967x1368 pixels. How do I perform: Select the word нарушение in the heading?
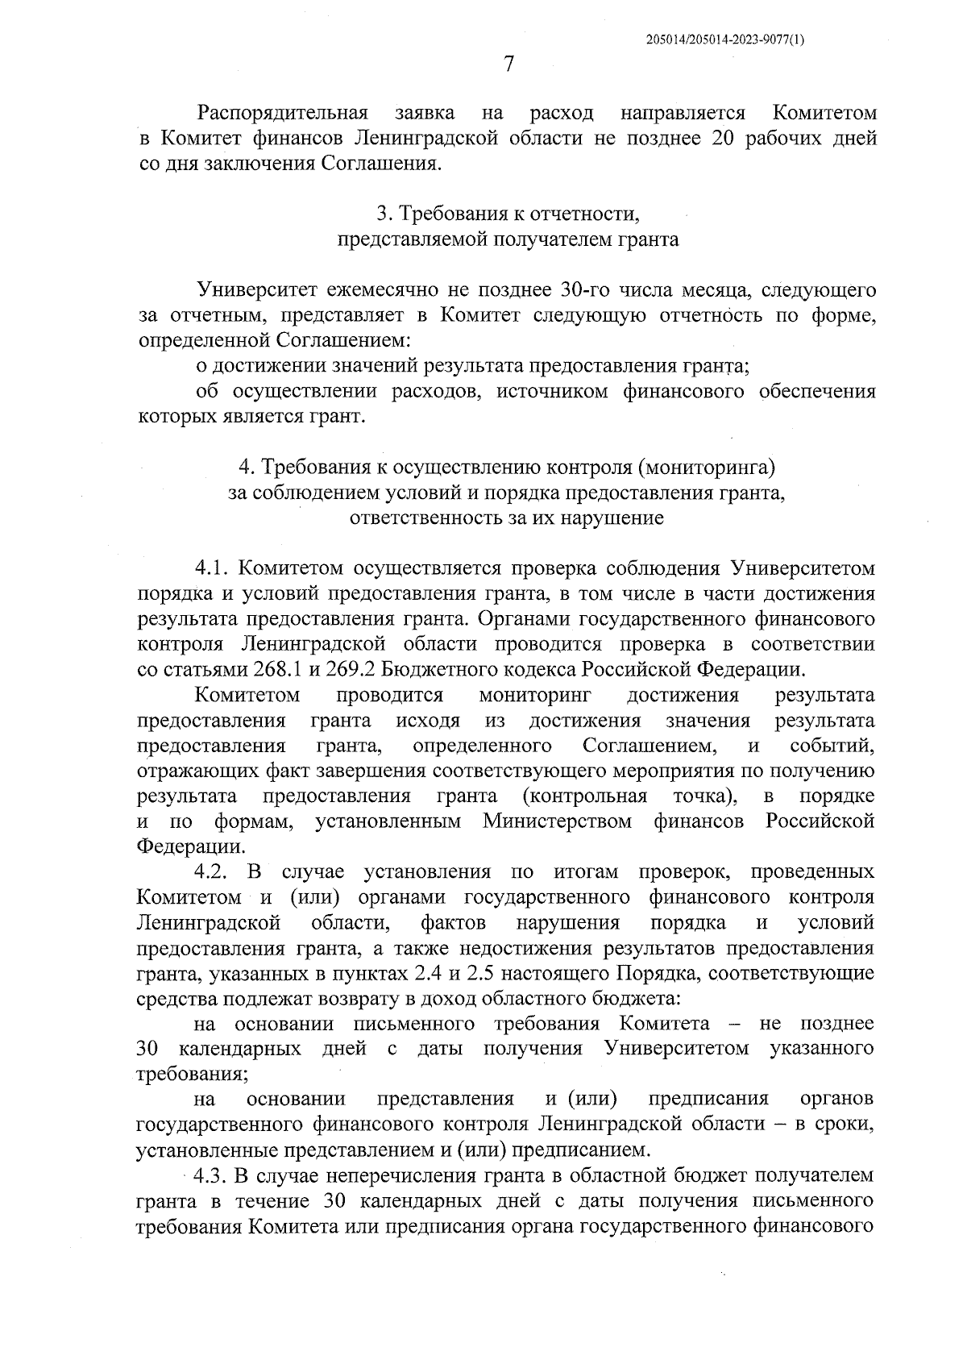(617, 518)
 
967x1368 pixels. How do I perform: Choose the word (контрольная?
(585, 796)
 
